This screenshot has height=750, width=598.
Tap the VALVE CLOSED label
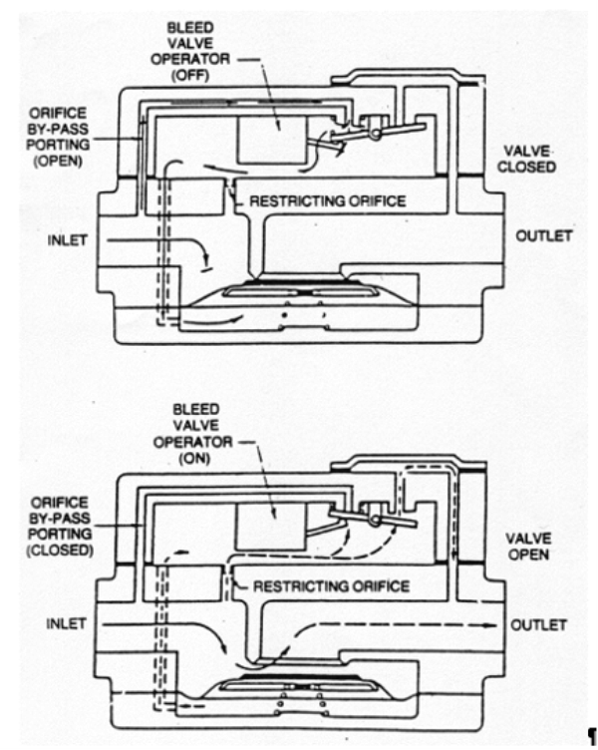(528, 158)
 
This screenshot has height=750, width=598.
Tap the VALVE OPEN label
(528, 544)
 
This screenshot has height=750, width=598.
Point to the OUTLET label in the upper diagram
(544, 235)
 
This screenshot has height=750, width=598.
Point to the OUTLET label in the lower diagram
(539, 624)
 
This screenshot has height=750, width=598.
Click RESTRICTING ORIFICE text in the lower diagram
(331, 585)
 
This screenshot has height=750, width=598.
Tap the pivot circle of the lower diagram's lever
(377, 521)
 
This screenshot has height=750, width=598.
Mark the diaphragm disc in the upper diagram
(299, 292)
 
